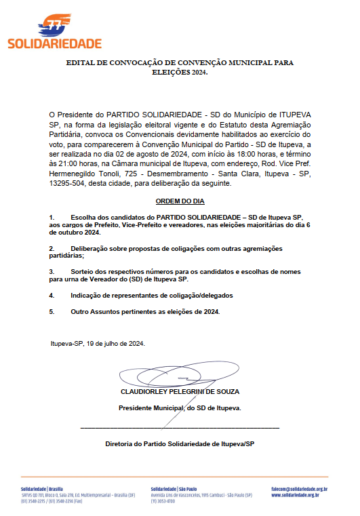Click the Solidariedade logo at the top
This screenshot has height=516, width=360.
[x=54, y=34]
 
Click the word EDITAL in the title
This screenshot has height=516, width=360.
[x=81, y=62]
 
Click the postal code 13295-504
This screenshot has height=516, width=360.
[x=68, y=183]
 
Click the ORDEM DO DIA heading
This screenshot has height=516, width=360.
[x=180, y=201]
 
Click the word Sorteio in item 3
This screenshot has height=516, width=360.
[x=83, y=271]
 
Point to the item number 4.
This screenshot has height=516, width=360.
[x=52, y=296]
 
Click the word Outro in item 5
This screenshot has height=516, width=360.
[x=81, y=311]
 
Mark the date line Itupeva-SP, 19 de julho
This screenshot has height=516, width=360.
[x=98, y=343]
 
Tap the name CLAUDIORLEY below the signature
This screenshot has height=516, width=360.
[x=145, y=391]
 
